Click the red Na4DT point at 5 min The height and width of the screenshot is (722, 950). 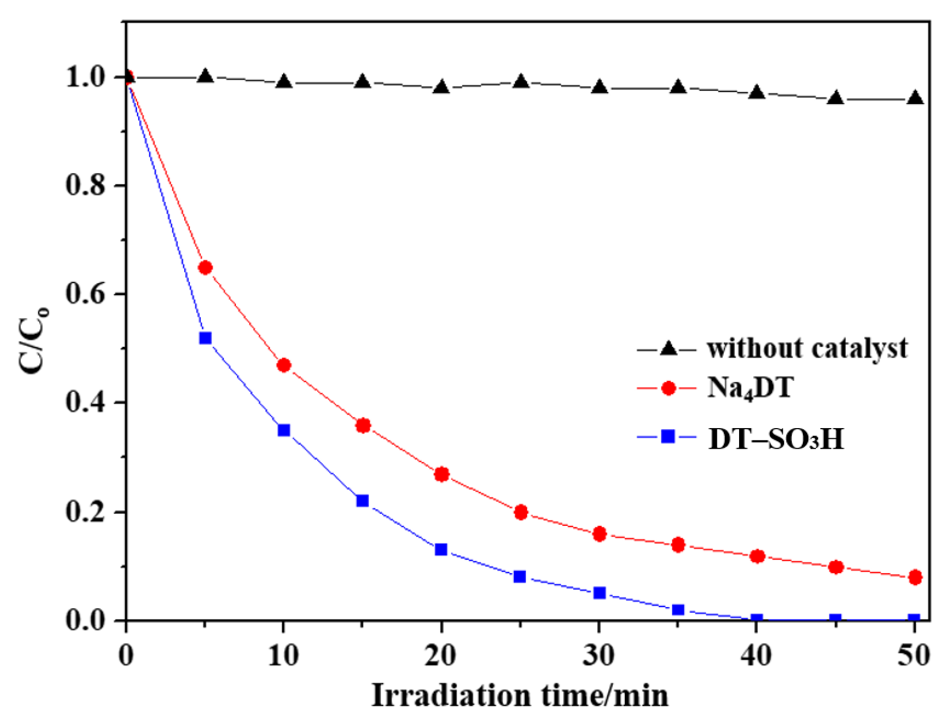pos(205,267)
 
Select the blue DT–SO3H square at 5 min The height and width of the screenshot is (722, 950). pos(205,338)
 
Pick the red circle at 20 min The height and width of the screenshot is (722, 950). pos(442,474)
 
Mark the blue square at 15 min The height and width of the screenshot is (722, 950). pos(363,501)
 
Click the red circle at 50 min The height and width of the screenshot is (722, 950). pos(915,577)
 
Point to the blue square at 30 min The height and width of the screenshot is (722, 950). pos(599,593)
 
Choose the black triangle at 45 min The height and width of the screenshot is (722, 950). pos(835,98)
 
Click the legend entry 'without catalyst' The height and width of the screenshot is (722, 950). pos(807,348)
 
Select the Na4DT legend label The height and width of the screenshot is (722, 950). pos(750,388)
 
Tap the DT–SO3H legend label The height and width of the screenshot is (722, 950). pos(776,438)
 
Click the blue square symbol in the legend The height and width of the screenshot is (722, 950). pos(668,437)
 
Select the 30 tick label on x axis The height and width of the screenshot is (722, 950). pos(599,655)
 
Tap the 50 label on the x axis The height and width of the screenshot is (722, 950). pos(914,655)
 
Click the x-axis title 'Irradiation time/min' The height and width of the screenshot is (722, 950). pos(520,695)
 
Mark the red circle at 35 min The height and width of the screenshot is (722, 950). pos(678,545)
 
